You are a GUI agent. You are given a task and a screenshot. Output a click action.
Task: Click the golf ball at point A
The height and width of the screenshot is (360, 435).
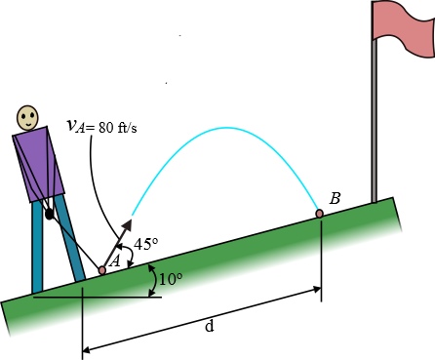click(x=102, y=270)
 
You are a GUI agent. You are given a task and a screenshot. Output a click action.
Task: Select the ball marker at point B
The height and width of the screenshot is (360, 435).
click(x=319, y=213)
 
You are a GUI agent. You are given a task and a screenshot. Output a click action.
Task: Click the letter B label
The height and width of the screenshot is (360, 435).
click(x=335, y=199)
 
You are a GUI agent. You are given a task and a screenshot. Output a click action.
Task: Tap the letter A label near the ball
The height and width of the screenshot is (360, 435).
click(x=114, y=260)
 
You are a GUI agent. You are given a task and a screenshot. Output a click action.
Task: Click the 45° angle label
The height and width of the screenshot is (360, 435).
click(x=146, y=245)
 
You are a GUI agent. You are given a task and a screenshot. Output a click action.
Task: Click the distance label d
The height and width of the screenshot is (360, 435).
click(x=209, y=326)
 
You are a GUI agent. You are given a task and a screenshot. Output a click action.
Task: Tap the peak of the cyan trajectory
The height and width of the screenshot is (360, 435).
click(x=226, y=128)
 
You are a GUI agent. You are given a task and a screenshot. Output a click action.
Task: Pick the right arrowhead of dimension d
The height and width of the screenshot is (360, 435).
click(x=316, y=290)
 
